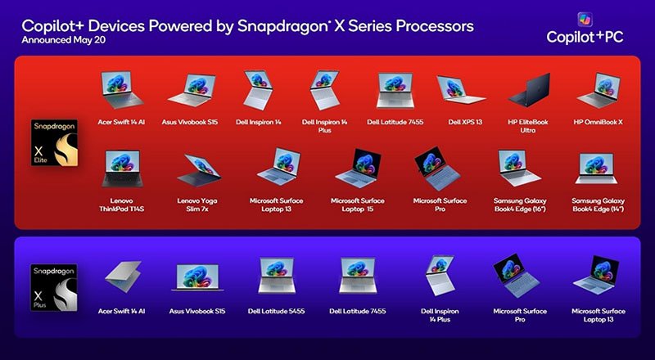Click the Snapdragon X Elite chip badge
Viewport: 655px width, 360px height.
(54, 143)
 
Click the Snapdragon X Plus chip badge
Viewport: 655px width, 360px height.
(54, 287)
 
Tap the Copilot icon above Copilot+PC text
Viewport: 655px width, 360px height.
(585, 20)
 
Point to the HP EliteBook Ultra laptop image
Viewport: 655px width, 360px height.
(529, 90)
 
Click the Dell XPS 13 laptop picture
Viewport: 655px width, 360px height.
(460, 89)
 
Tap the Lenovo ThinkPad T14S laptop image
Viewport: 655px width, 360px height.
(122, 169)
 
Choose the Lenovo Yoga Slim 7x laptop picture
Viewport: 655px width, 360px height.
(199, 170)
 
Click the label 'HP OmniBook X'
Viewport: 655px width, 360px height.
(599, 123)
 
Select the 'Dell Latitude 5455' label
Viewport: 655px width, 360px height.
(276, 311)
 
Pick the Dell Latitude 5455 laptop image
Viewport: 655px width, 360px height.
(277, 275)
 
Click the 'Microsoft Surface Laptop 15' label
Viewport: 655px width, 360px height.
(358, 205)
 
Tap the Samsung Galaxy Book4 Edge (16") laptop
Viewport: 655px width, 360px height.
(518, 168)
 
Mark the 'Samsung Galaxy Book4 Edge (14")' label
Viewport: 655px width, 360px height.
(599, 205)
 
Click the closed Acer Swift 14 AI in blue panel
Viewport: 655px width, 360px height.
(124, 276)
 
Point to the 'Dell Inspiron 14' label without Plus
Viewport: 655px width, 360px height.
(259, 123)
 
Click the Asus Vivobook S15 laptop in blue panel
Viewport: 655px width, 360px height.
(197, 277)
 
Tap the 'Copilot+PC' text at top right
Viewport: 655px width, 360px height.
(585, 37)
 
